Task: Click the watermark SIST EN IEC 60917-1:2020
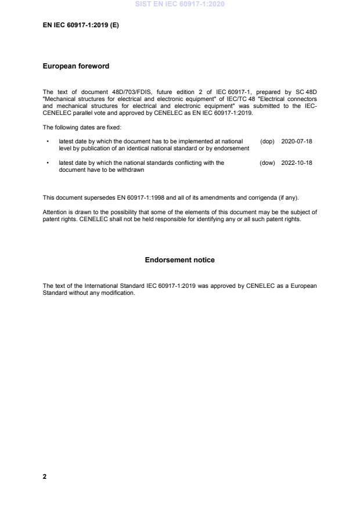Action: pyautogui.click(x=179, y=4)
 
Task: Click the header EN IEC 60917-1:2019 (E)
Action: pyautogui.click(x=81, y=26)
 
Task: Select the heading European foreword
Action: pyautogui.click(x=75, y=66)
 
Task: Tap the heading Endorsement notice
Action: pyautogui.click(x=179, y=260)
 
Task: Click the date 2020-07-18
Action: pyautogui.click(x=296, y=141)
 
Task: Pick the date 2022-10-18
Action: pyautogui.click(x=296, y=163)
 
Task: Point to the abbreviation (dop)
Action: pyautogui.click(x=267, y=141)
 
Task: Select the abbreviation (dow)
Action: pyautogui.click(x=267, y=163)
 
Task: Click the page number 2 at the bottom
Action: pyautogui.click(x=45, y=476)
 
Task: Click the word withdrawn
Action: pyautogui.click(x=131, y=170)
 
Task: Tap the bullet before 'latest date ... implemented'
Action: pyautogui.click(x=47, y=141)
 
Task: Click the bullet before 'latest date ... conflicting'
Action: pyautogui.click(x=47, y=163)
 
